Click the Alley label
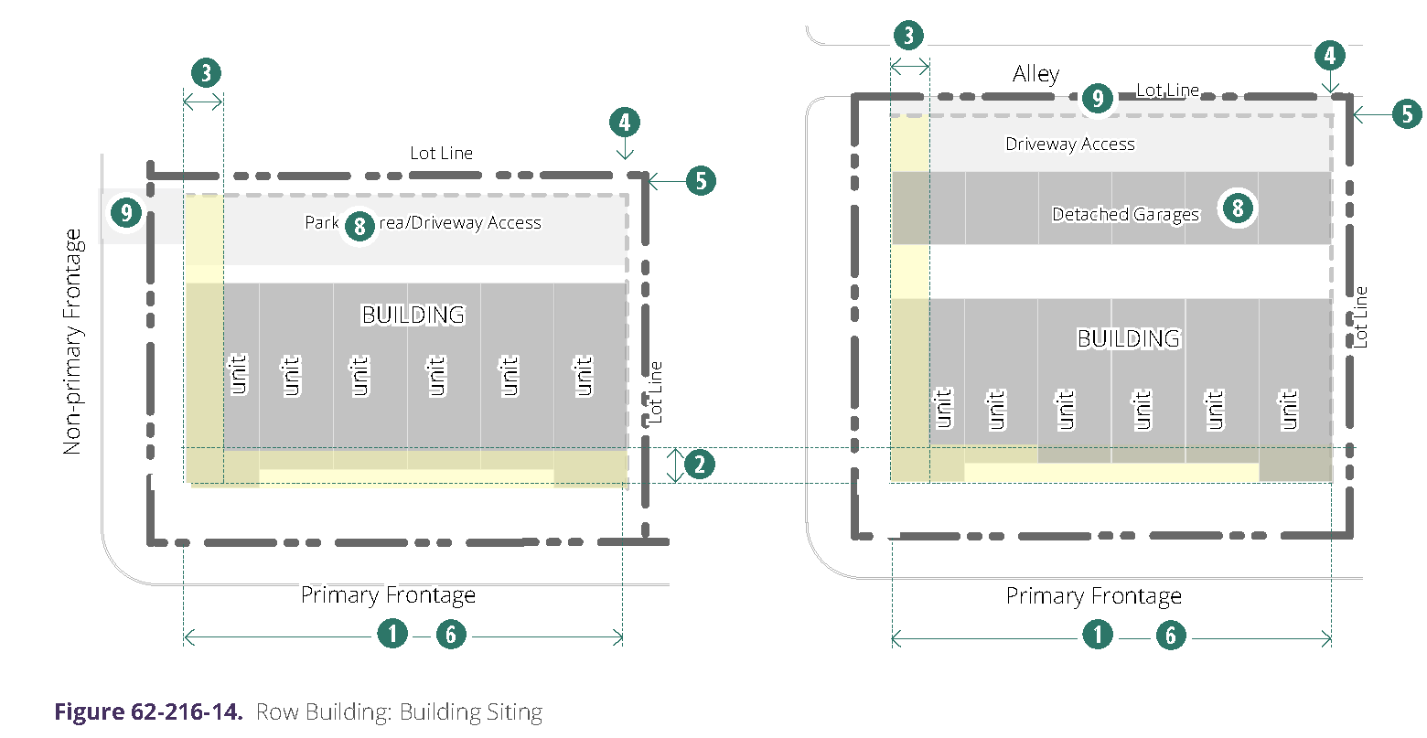pyautogui.click(x=1035, y=74)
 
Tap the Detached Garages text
pyautogui.click(x=1125, y=215)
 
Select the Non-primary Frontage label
pyautogui.click(x=72, y=342)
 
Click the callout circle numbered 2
pyautogui.click(x=699, y=465)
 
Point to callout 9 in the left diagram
pyautogui.click(x=125, y=213)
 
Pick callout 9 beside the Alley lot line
pyautogui.click(x=1097, y=98)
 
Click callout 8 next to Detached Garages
pyautogui.click(x=1238, y=208)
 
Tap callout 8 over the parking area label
pyautogui.click(x=359, y=225)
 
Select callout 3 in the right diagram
pyautogui.click(x=908, y=36)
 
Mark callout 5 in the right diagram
pyautogui.click(x=1407, y=114)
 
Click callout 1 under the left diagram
pyautogui.click(x=392, y=633)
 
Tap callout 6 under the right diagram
pyautogui.click(x=1171, y=635)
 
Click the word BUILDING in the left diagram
pyautogui.click(x=413, y=315)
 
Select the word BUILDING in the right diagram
pyautogui.click(x=1128, y=338)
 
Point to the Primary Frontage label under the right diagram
pyautogui.click(x=1094, y=597)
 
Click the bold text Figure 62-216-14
pyautogui.click(x=148, y=712)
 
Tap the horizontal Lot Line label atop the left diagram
pyautogui.click(x=441, y=154)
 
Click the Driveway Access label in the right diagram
pyautogui.click(x=1070, y=144)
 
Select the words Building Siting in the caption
pyautogui.click(x=471, y=712)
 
